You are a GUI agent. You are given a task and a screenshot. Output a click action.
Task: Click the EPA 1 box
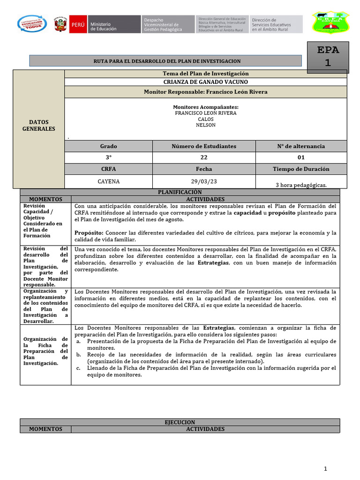tap(328, 57)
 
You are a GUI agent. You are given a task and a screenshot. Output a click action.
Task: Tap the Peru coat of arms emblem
tap(60, 24)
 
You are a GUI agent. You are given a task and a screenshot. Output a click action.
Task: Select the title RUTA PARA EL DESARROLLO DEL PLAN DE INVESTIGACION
tap(167, 61)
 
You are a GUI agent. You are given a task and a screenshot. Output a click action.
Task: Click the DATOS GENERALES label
tap(38, 125)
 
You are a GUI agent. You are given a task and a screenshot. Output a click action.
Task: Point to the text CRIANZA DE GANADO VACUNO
tap(205, 82)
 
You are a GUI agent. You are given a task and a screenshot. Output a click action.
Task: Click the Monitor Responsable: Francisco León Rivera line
tap(205, 92)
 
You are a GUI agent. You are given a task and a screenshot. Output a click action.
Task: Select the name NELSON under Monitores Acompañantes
tap(205, 125)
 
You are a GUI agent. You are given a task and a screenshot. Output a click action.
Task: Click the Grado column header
tap(108, 146)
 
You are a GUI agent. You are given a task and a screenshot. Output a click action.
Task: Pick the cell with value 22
tap(204, 158)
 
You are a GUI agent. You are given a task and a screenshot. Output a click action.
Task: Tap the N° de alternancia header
tap(301, 146)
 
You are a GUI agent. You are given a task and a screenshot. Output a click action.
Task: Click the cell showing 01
tap(301, 158)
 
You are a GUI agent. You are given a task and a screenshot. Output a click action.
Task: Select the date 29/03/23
tap(204, 181)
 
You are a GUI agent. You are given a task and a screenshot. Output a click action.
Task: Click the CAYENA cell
tap(108, 181)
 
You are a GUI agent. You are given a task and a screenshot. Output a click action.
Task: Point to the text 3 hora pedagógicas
tap(301, 185)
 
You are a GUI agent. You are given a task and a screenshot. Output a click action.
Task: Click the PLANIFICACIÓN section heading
tap(180, 192)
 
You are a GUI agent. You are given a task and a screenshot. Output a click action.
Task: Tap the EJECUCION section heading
tap(180, 422)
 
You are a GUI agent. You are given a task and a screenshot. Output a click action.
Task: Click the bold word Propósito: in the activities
tap(88, 233)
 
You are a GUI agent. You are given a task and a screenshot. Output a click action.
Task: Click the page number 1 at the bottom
tap(325, 468)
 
